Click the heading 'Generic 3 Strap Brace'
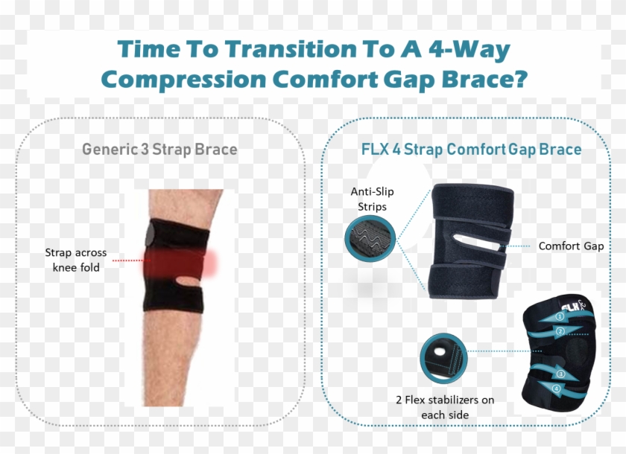point(159,149)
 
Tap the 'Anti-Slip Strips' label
point(373,199)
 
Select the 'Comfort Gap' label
point(571,246)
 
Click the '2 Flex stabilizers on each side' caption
point(445,406)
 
